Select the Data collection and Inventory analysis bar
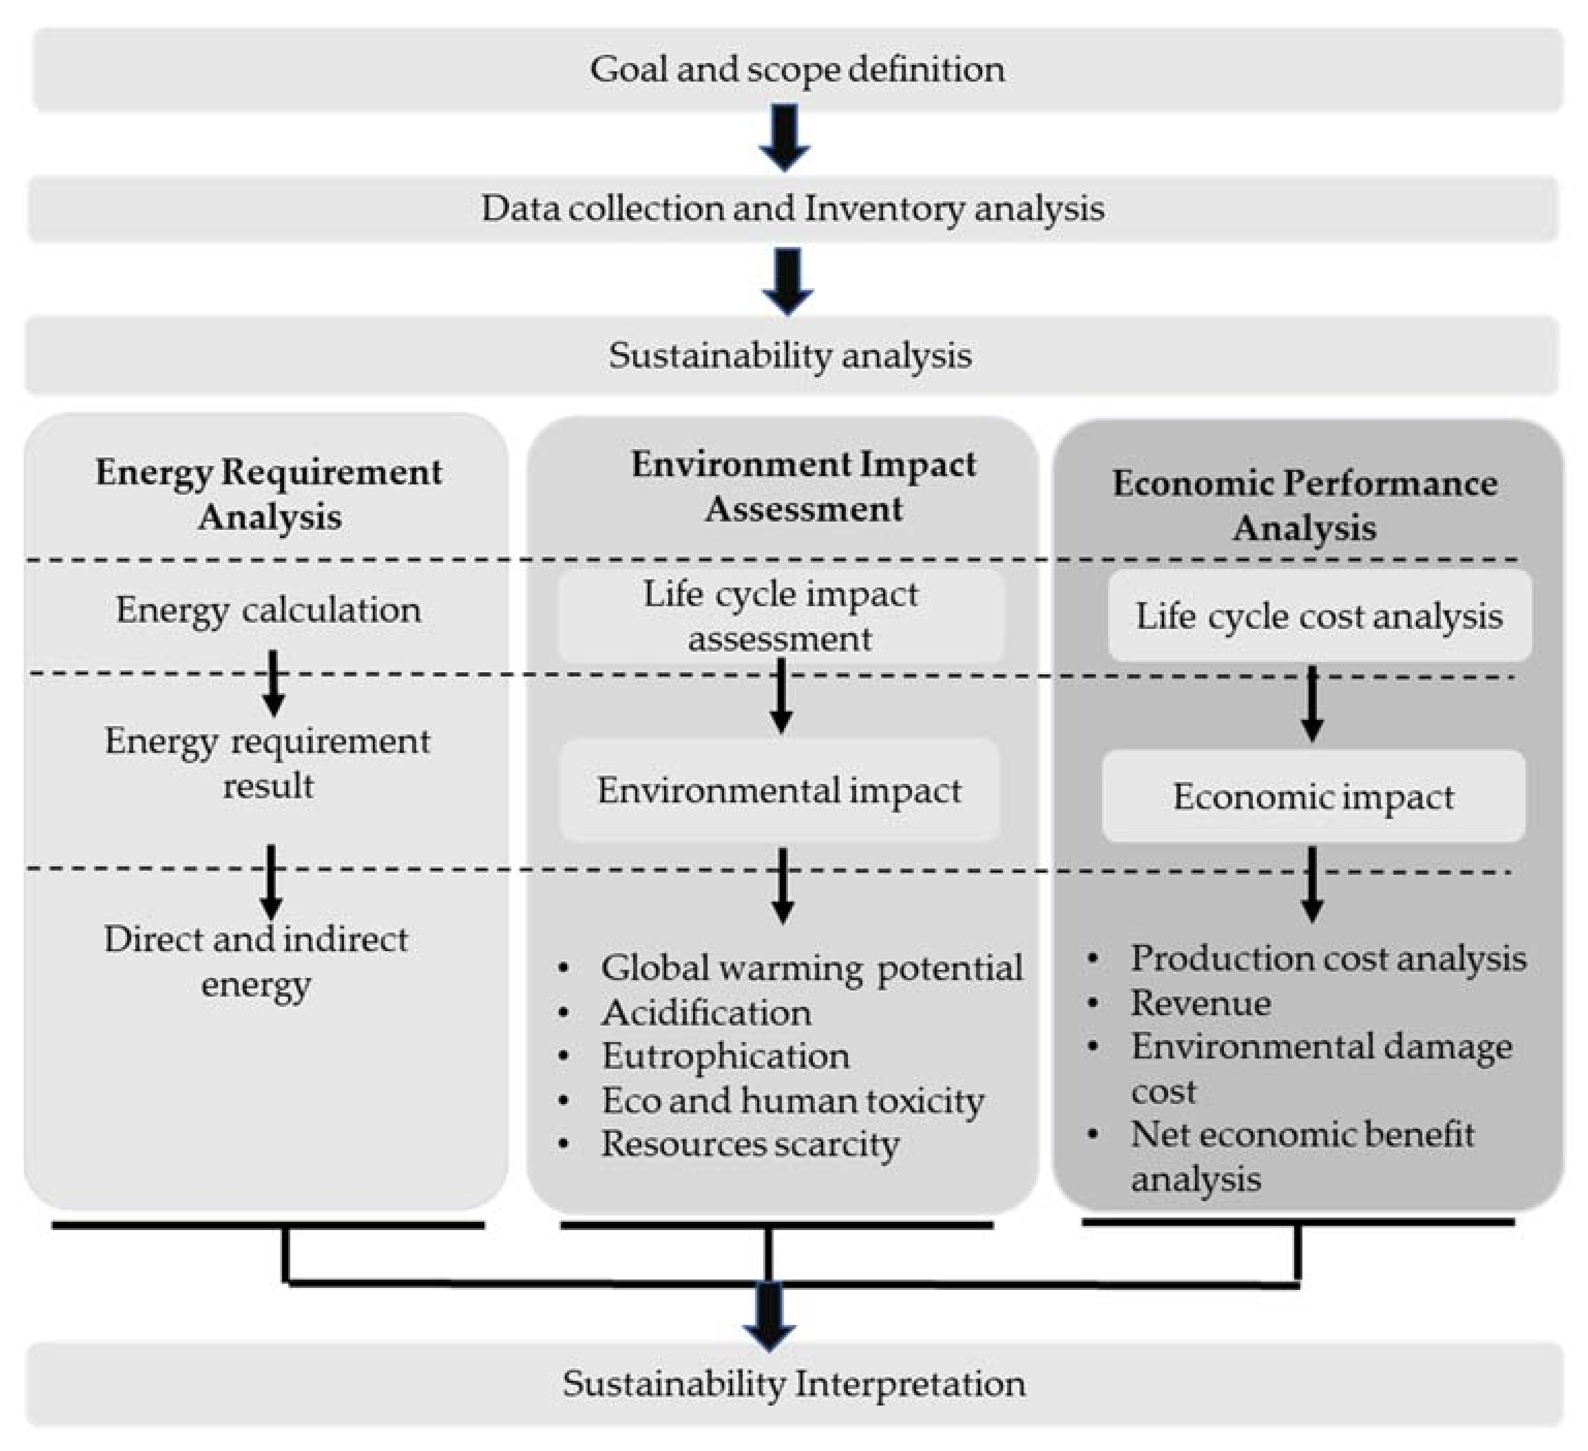coord(792,209)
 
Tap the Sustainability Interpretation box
coord(794,1383)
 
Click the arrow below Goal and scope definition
coord(784,138)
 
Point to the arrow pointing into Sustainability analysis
coord(788,281)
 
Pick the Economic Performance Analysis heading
coord(1304,505)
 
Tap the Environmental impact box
coord(779,790)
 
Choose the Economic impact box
coord(1313,796)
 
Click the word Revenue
coord(1201,1003)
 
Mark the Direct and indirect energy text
coord(256,961)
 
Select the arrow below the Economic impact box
coord(1312,884)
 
